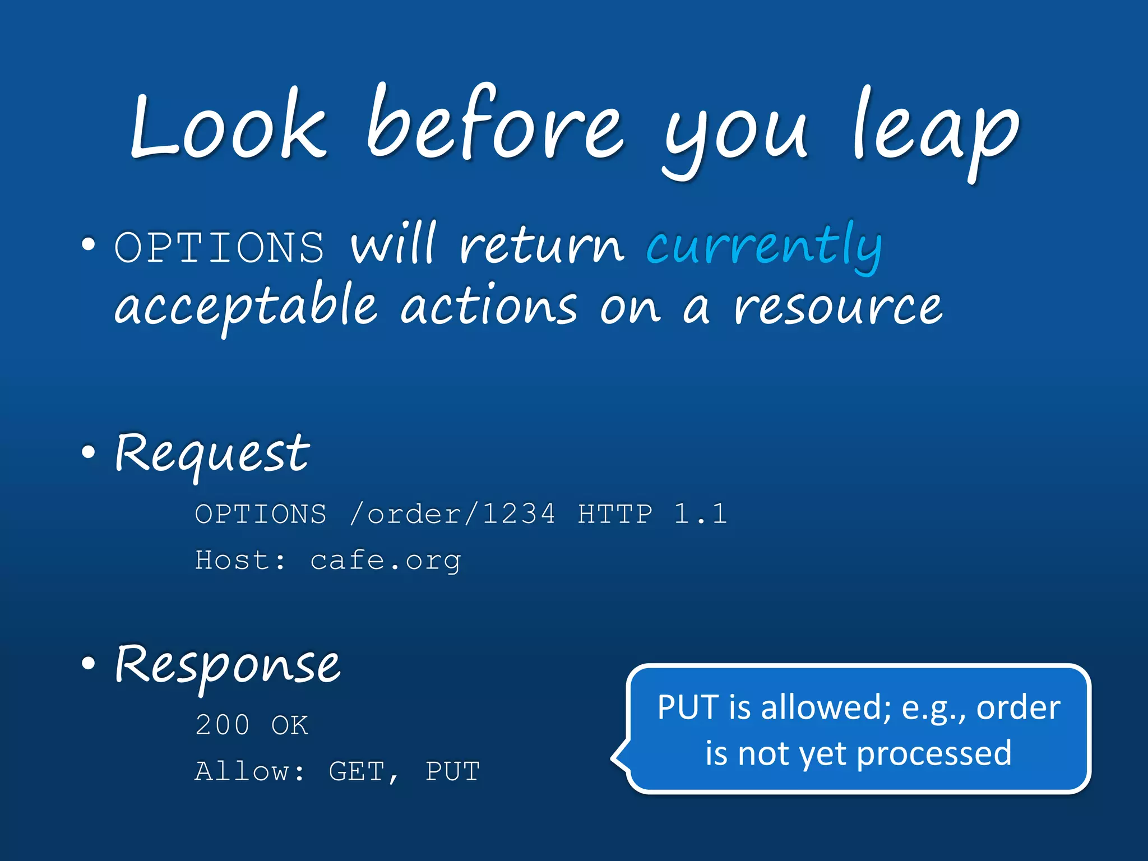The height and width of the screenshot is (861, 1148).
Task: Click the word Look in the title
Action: coord(227,126)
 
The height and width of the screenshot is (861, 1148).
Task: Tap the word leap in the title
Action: coord(935,132)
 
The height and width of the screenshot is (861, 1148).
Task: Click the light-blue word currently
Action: coord(764,247)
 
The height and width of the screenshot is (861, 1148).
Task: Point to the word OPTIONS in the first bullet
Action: coord(219,247)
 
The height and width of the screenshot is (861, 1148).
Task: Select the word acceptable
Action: coord(246,308)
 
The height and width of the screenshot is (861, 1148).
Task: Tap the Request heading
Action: coord(212,454)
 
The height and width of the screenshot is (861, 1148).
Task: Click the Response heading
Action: coord(227,665)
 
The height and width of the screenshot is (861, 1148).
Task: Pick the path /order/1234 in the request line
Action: coord(452,514)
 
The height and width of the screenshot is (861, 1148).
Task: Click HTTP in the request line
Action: coord(615,514)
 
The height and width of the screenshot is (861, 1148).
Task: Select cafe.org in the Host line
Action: coord(386,561)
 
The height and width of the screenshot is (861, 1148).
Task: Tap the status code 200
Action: coord(222,725)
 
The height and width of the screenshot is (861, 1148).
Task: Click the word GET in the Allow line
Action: coord(357,771)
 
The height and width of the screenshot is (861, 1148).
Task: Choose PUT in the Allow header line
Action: coord(452,771)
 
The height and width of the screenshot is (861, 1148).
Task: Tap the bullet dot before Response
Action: coord(88,663)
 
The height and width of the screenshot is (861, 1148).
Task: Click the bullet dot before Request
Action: coord(88,452)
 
